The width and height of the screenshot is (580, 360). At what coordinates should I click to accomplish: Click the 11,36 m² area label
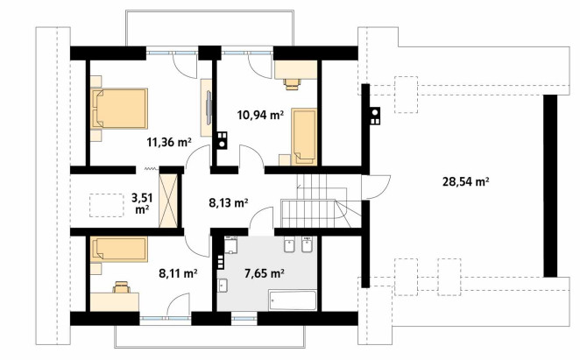pos(169,142)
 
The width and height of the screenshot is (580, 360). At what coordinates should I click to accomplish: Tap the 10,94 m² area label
pos(260,115)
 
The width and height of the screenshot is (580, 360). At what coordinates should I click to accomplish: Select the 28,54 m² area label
pos(466,181)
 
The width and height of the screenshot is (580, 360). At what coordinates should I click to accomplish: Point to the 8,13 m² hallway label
pos(228,202)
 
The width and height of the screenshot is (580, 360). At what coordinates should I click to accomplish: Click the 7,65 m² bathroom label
pos(264,273)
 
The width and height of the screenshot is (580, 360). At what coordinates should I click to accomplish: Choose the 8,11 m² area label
pos(178,273)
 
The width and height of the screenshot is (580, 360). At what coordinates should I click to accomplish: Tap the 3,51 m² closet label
pos(143,203)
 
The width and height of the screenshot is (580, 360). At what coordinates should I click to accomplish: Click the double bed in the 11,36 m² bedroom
pos(119,109)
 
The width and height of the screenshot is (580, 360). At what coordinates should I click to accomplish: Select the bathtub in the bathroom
pos(293,300)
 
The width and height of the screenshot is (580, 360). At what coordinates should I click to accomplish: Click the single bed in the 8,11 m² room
pos(118,249)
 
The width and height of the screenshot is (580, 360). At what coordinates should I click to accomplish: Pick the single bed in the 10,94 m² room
pos(304,136)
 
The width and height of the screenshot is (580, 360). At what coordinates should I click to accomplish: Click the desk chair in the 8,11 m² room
pos(121,287)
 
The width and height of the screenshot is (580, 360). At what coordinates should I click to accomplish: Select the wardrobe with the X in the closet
pos(168,201)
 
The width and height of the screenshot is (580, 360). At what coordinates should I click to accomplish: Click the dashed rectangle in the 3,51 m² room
pos(107,205)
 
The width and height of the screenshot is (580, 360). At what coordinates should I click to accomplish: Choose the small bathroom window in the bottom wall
pos(244,318)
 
